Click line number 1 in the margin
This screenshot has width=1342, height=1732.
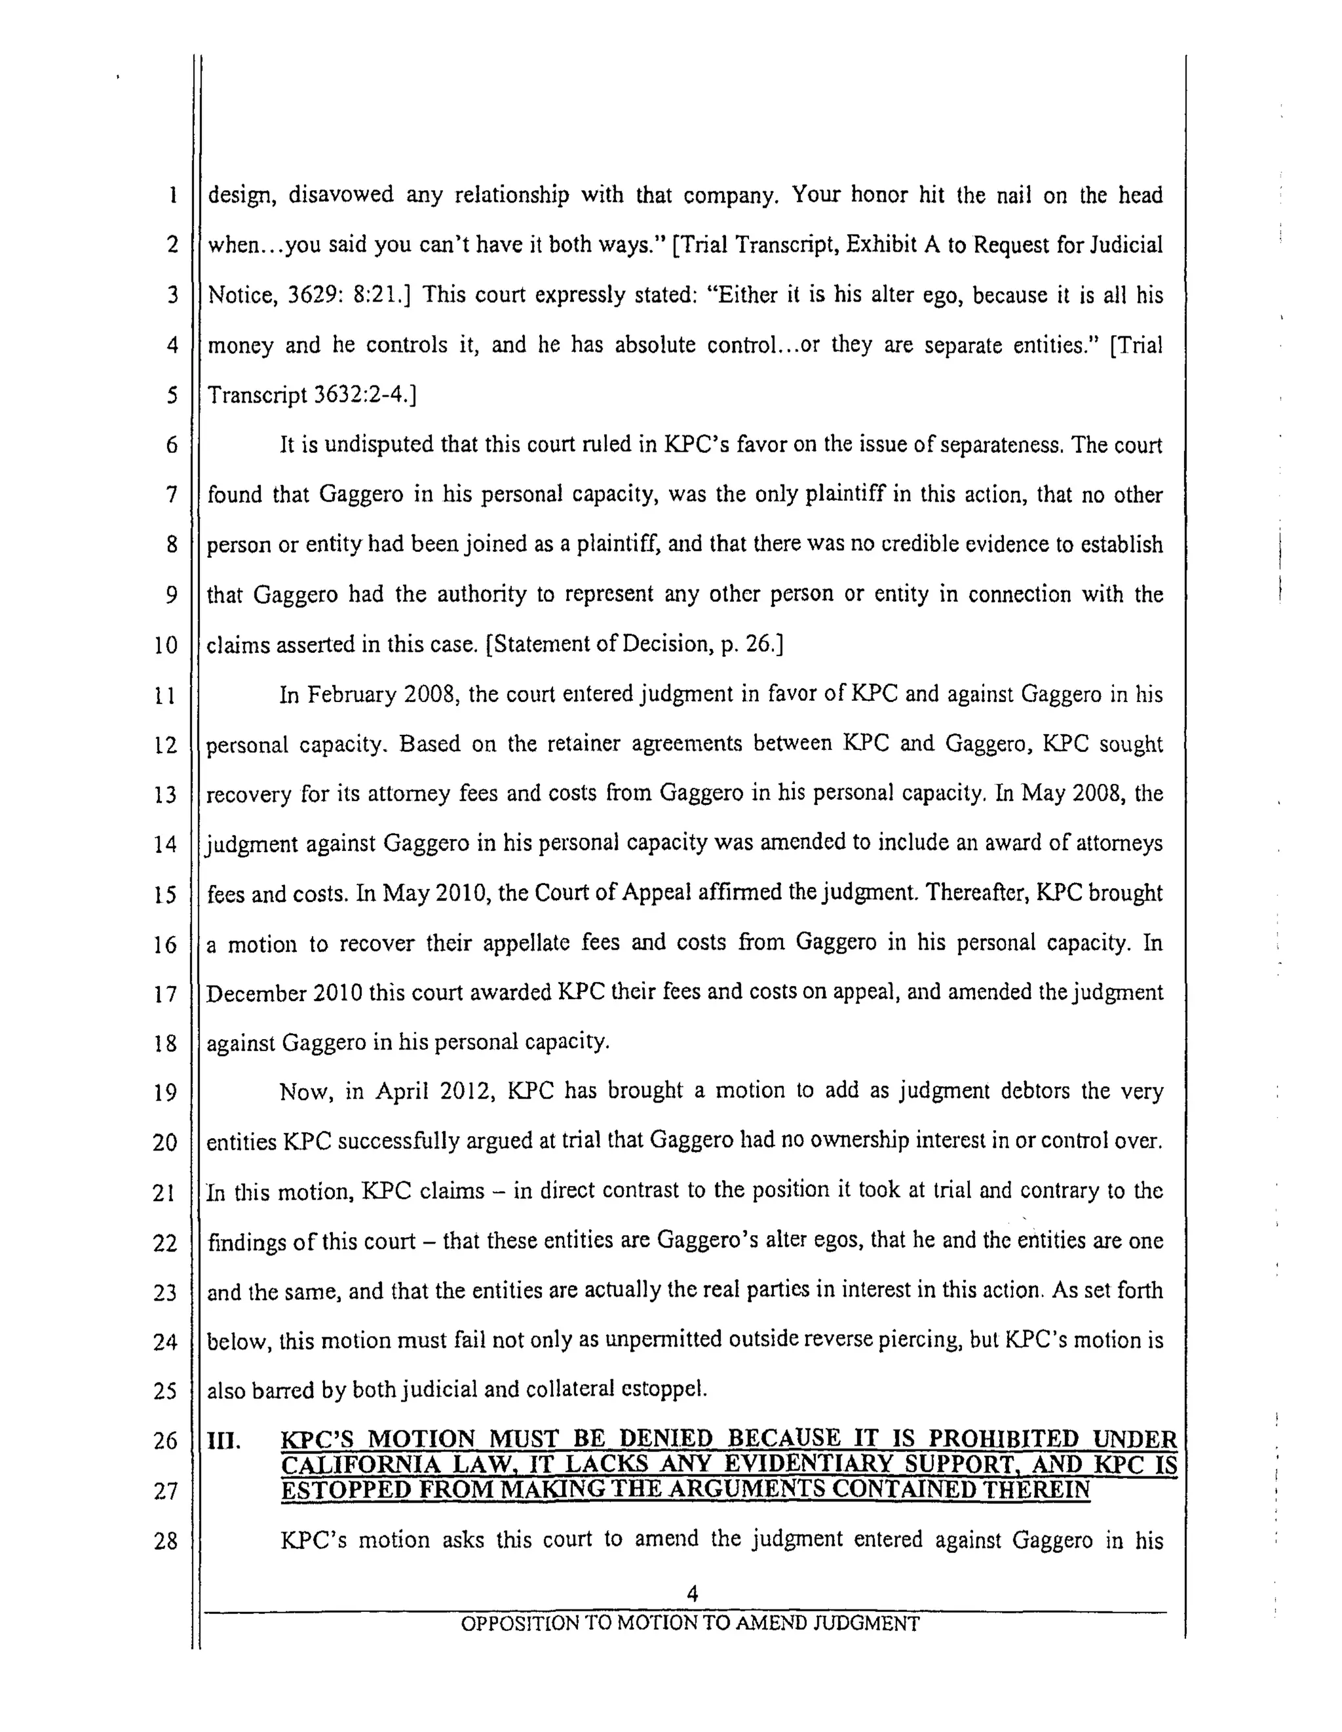click(172, 196)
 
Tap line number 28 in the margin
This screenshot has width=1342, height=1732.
click(165, 1541)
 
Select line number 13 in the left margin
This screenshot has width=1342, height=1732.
click(165, 794)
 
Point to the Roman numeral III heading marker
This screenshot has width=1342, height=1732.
click(224, 1440)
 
